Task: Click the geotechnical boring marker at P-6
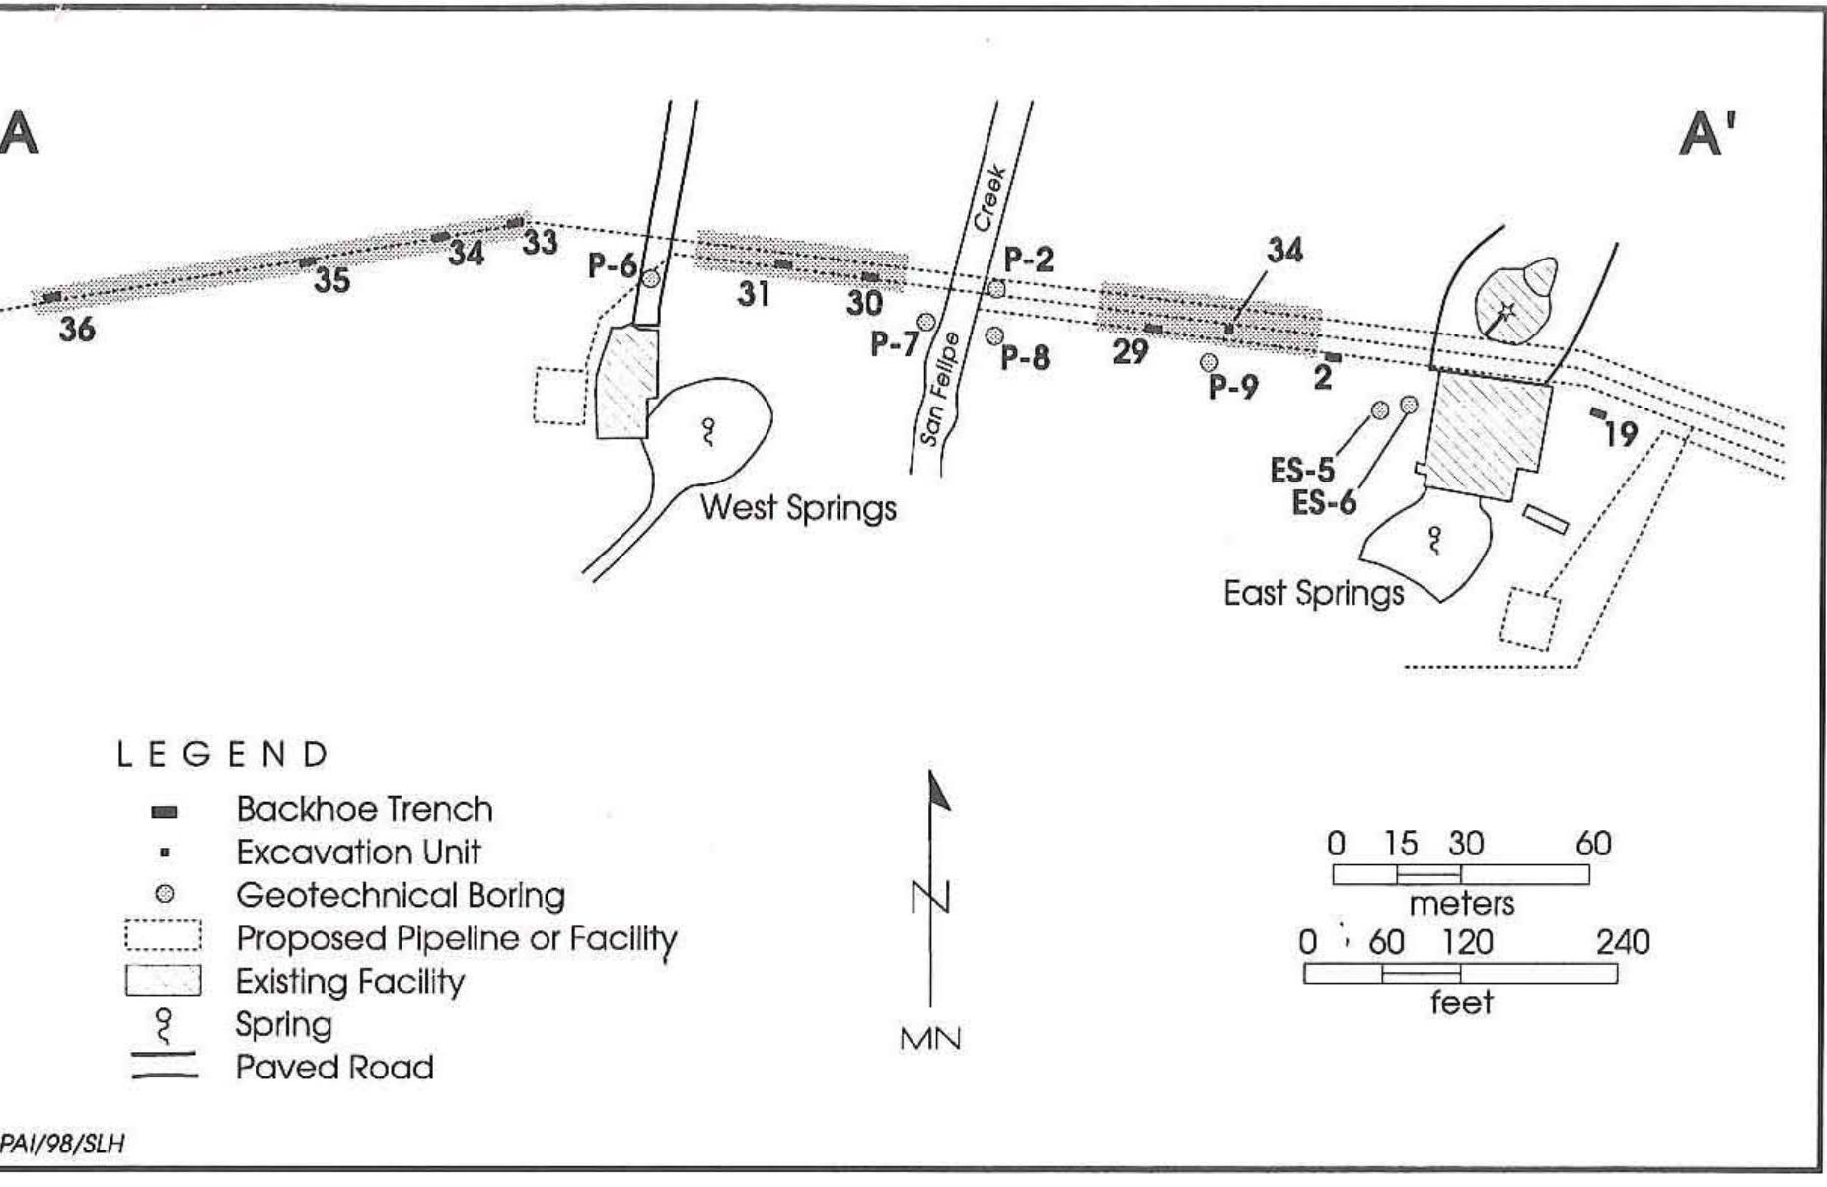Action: click(651, 278)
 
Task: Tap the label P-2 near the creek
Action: click(1028, 260)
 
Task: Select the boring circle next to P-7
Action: click(926, 322)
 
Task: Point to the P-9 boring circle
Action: click(1207, 362)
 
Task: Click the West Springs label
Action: click(798, 508)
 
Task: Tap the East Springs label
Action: click(1313, 593)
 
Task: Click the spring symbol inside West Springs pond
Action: click(707, 431)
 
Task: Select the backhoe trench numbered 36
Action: click(51, 297)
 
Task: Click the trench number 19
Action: click(1620, 433)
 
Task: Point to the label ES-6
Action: click(1324, 503)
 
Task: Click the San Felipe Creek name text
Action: click(962, 316)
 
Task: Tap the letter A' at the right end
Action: click(1708, 132)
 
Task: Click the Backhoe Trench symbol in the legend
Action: click(165, 812)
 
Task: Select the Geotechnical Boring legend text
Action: click(400, 895)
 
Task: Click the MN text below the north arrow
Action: click(929, 1039)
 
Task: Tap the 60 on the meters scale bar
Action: click(1592, 844)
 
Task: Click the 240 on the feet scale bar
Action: click(1622, 942)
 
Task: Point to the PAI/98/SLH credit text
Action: click(61, 1144)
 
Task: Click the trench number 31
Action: click(754, 293)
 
